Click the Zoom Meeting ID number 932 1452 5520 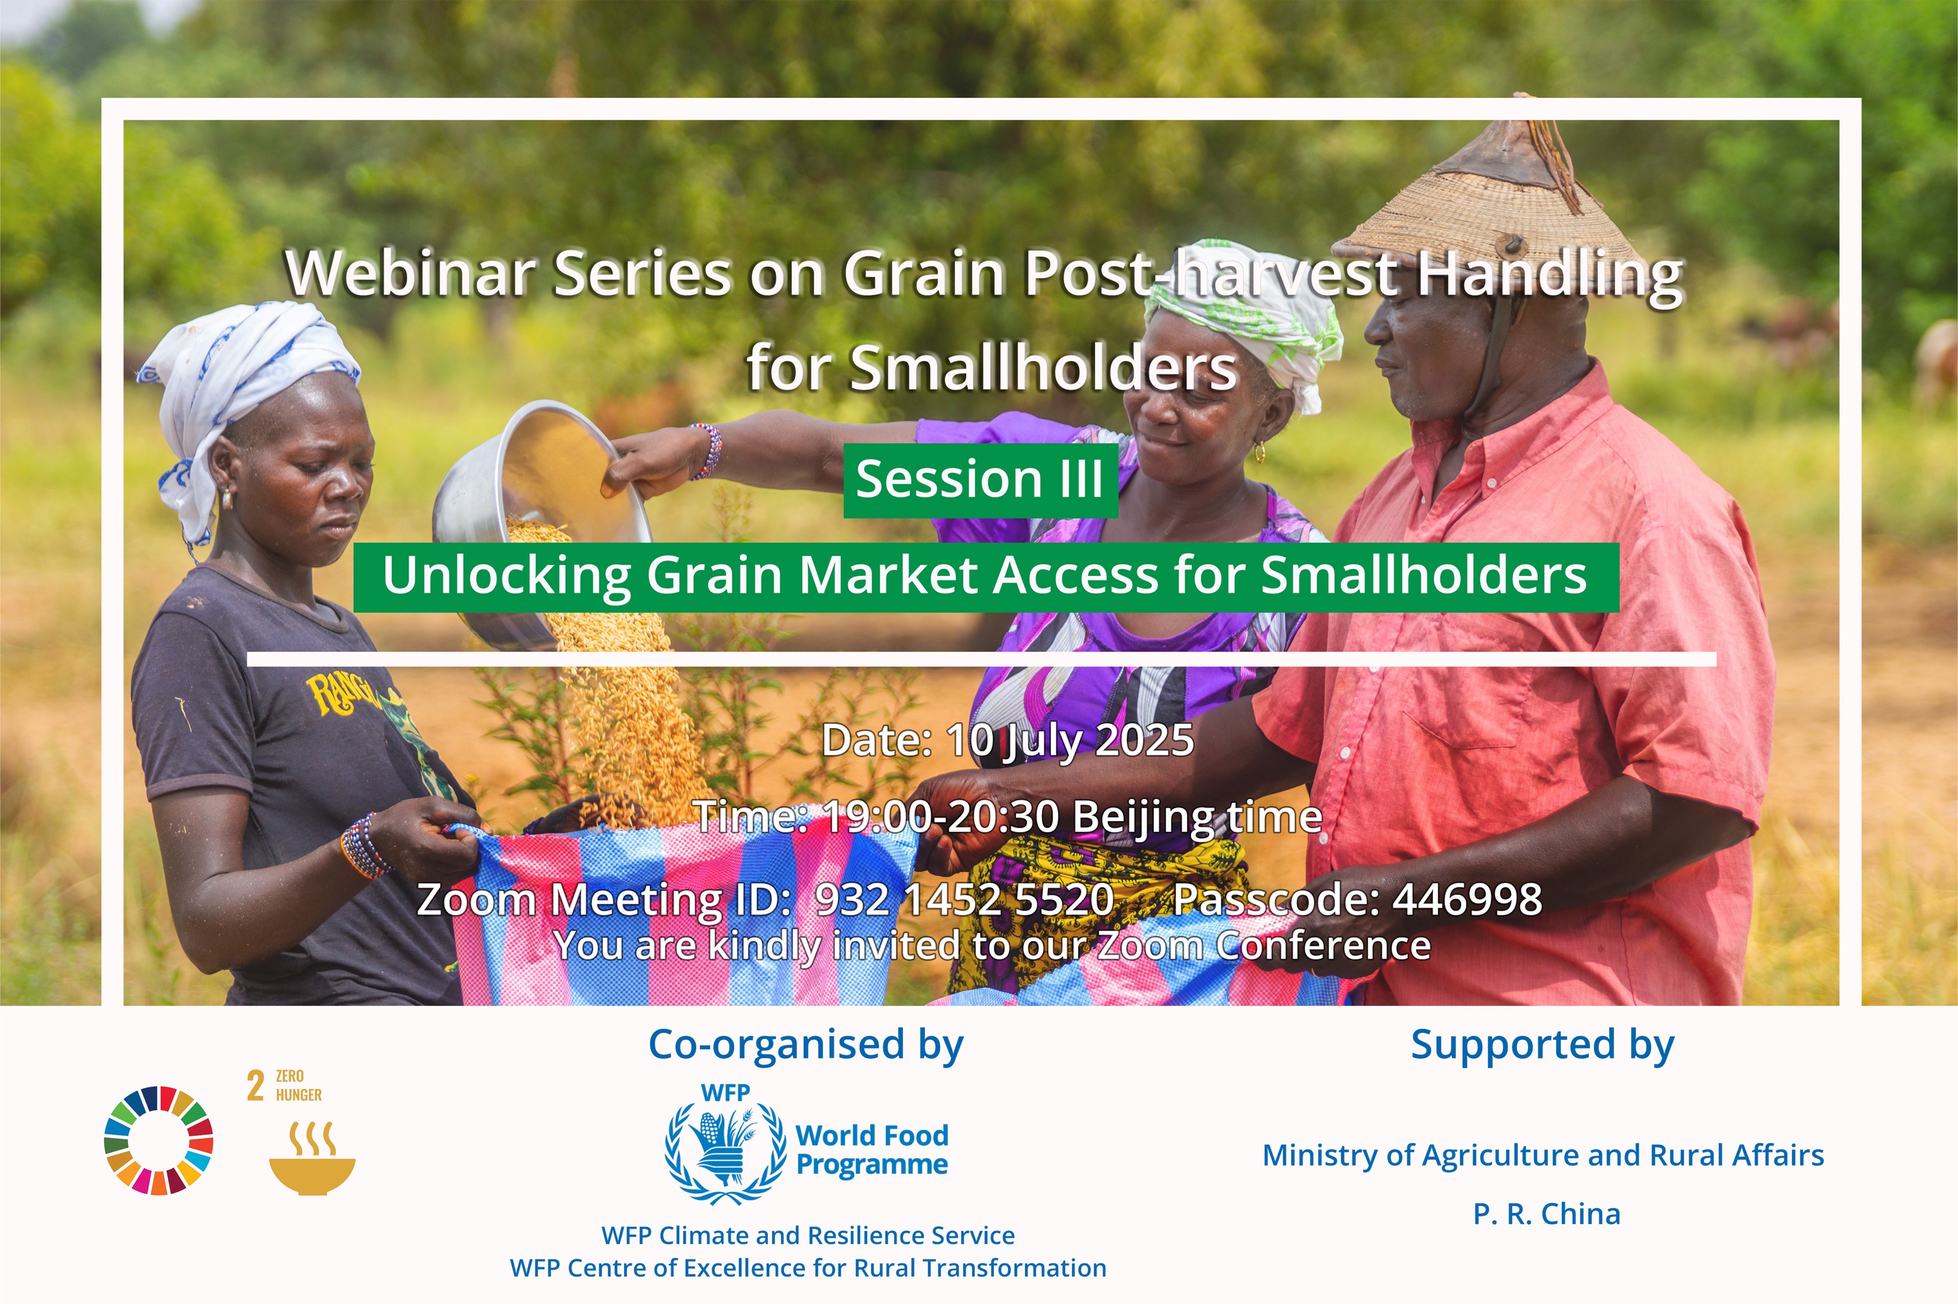(964, 899)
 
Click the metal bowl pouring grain (541, 515)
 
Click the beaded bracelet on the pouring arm (705, 451)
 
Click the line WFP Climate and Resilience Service (808, 1235)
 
